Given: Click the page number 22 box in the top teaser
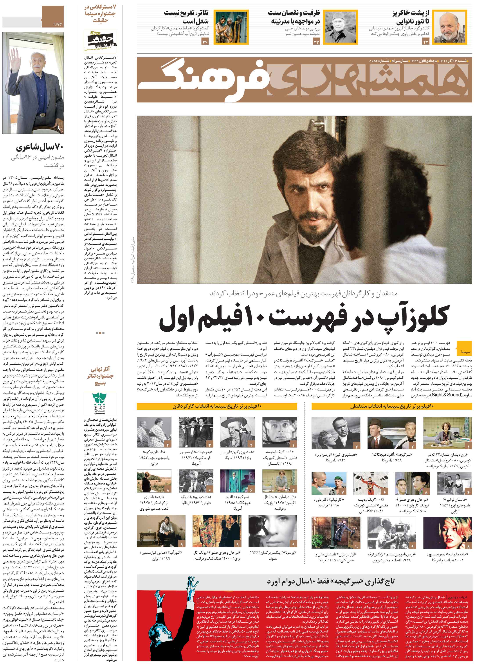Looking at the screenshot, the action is [x=425, y=42].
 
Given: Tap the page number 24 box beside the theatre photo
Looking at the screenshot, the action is [x=205, y=42].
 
